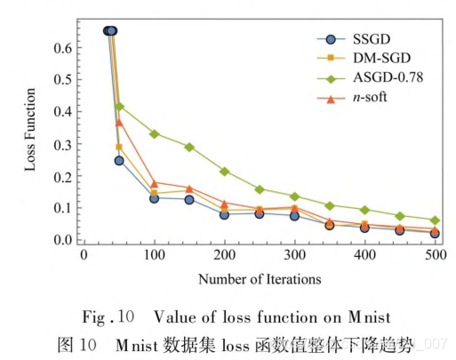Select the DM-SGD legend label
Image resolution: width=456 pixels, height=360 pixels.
(x=381, y=58)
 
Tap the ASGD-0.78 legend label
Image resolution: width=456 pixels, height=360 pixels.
(x=388, y=77)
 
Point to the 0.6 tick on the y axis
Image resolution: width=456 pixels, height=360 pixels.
(x=63, y=47)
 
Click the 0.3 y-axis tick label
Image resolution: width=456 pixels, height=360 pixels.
(x=63, y=144)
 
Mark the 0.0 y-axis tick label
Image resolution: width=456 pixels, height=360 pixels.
(x=63, y=240)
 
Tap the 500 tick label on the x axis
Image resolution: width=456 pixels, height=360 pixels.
(x=436, y=255)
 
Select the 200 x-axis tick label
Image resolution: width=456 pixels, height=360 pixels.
(x=224, y=255)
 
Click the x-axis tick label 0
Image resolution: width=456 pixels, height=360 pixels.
(x=84, y=255)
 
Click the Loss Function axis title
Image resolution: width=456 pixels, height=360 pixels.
(x=30, y=130)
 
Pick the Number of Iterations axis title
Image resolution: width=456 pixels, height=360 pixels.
(x=260, y=279)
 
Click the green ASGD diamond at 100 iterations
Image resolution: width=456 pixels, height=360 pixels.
(x=155, y=134)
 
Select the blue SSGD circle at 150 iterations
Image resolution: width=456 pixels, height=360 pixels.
(x=189, y=200)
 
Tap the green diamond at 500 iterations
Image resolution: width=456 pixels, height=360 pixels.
(x=435, y=220)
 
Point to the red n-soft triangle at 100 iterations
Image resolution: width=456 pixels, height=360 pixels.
(x=155, y=184)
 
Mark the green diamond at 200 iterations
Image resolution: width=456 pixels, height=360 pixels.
(x=225, y=172)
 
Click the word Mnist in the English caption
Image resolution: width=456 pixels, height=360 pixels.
(x=369, y=317)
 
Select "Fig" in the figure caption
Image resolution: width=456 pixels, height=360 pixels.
(x=93, y=318)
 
